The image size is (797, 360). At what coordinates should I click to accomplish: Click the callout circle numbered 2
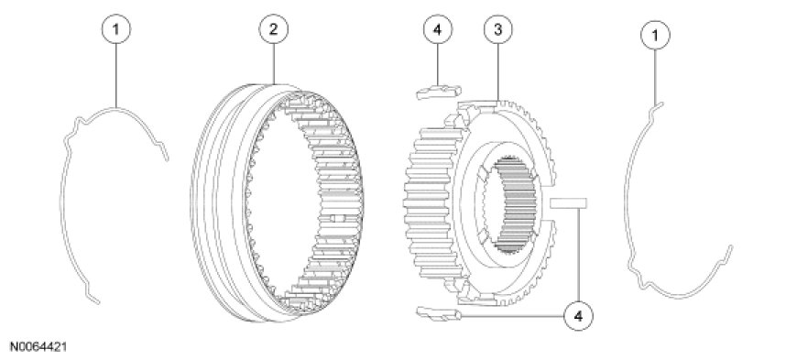pyautogui.click(x=274, y=29)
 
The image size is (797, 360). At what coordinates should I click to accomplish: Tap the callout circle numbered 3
pyautogui.click(x=497, y=29)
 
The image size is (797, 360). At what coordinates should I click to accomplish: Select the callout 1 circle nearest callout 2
pyautogui.click(x=116, y=29)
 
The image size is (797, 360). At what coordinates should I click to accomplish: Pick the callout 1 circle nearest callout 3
pyautogui.click(x=655, y=35)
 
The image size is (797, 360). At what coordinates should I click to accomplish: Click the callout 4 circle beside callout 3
pyautogui.click(x=438, y=29)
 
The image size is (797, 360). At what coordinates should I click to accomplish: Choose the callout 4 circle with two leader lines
pyautogui.click(x=578, y=316)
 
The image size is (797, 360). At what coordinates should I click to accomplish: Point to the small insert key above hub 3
pyautogui.click(x=439, y=92)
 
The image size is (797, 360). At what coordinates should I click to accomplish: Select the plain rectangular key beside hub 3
pyautogui.click(x=568, y=202)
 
